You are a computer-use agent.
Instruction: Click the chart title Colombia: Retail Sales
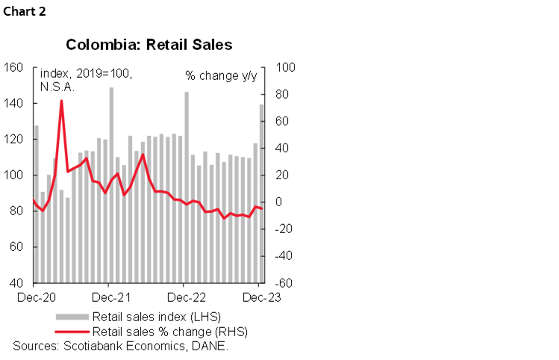[x=149, y=45]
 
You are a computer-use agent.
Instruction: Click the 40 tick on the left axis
[x=16, y=283]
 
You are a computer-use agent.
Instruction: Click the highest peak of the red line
[x=61, y=101]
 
